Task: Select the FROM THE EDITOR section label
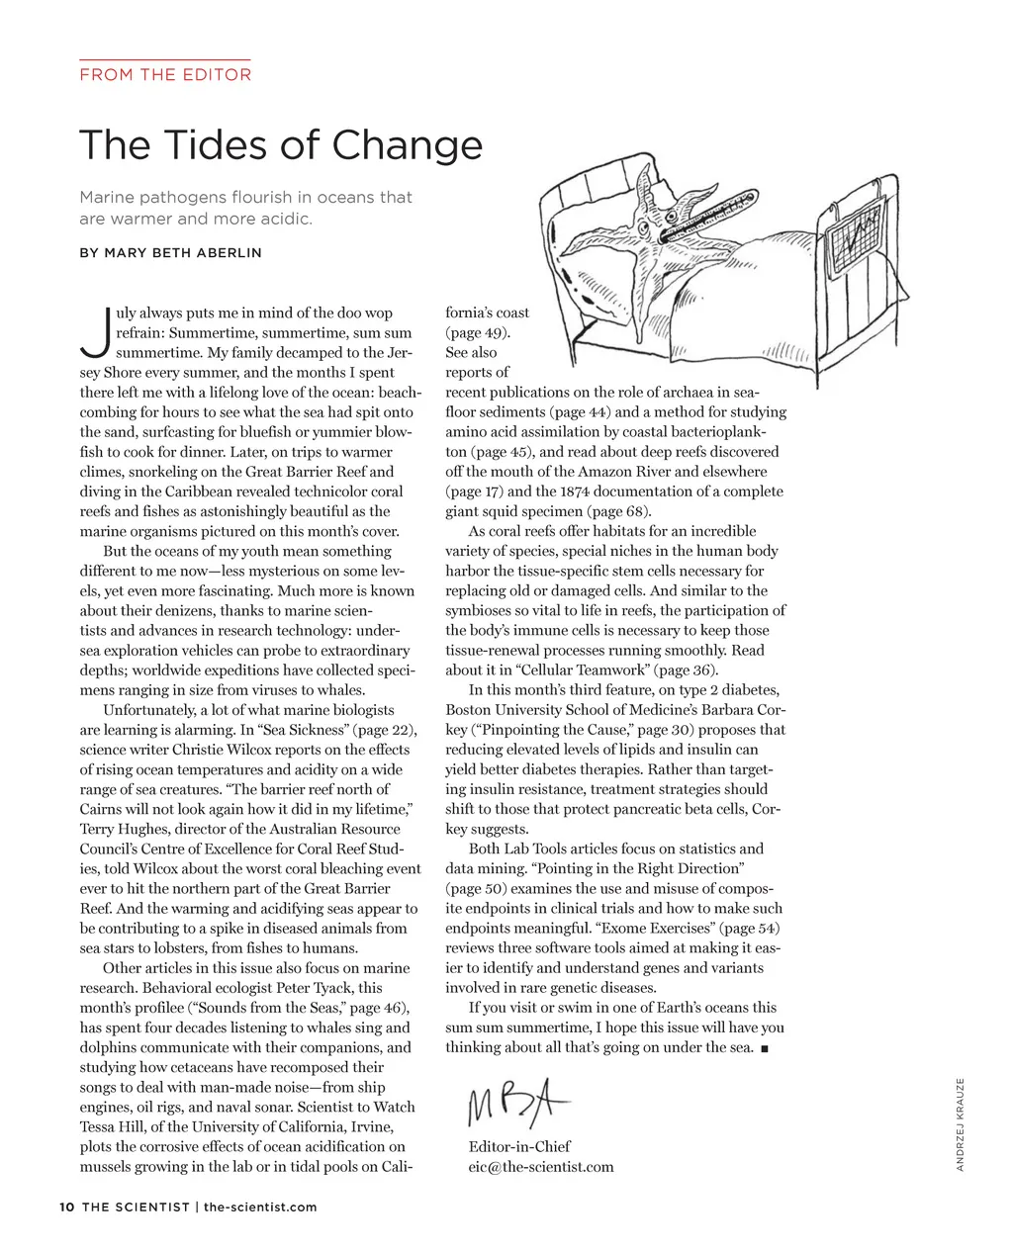pyautogui.click(x=165, y=74)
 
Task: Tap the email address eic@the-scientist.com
pyautogui.click(x=540, y=1167)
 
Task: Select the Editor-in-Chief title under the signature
pyautogui.click(x=519, y=1146)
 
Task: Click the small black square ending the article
pyautogui.click(x=766, y=1048)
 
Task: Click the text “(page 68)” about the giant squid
pyautogui.click(x=618, y=511)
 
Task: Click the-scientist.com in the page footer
pyautogui.click(x=260, y=1206)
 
